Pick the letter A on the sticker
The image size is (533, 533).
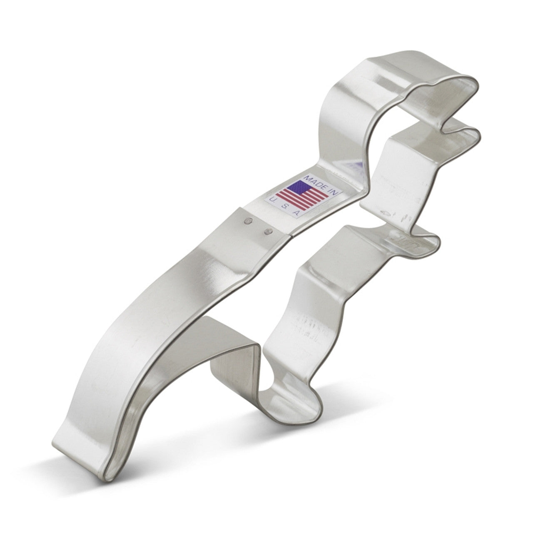(296, 213)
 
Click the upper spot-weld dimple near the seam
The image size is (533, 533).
(249, 220)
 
